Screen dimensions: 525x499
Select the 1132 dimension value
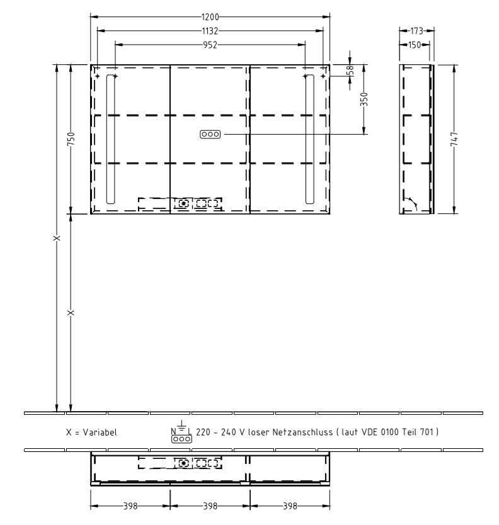[210, 30]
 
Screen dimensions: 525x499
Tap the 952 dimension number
[210, 45]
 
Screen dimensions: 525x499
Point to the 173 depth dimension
[416, 30]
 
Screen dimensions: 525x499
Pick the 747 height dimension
[454, 139]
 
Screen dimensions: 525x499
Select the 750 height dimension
[71, 139]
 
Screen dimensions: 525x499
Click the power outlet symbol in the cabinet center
[210, 134]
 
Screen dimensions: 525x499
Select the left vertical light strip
[111, 138]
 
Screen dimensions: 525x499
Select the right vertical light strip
[309, 138]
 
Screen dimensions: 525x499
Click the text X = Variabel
[91, 433]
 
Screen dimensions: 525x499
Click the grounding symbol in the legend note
[181, 426]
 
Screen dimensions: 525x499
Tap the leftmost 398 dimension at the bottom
[130, 505]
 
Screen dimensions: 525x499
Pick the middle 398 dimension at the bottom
[210, 505]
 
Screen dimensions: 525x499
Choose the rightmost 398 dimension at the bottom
[290, 505]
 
